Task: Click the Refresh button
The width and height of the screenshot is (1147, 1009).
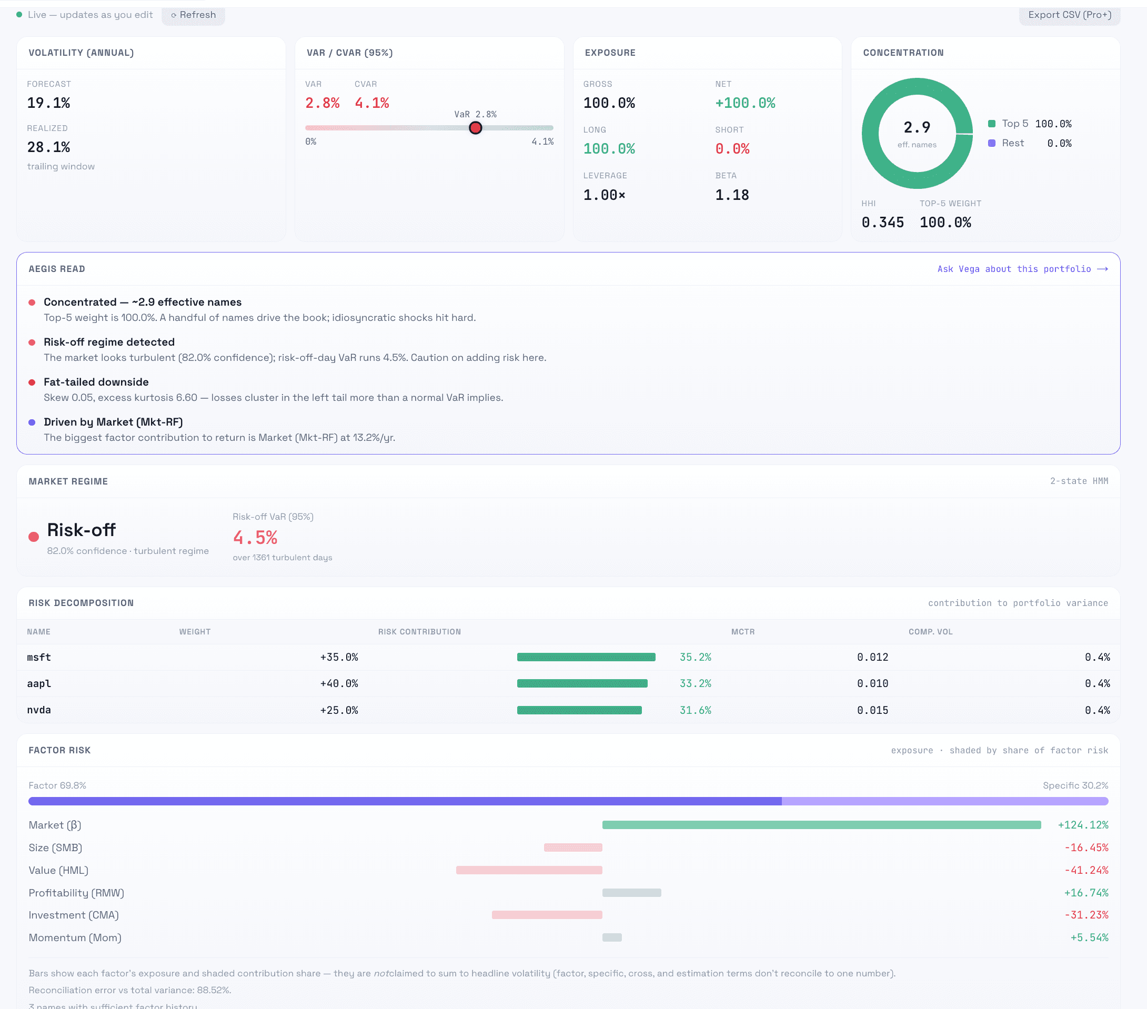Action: click(x=194, y=15)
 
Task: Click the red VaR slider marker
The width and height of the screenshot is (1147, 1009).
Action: click(x=475, y=128)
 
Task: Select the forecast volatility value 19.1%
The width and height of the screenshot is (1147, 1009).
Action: click(x=49, y=103)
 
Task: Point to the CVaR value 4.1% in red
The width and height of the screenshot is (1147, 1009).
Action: click(x=372, y=103)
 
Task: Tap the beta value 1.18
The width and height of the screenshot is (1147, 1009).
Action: click(x=732, y=195)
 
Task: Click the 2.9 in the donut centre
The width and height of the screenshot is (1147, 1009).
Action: click(x=917, y=127)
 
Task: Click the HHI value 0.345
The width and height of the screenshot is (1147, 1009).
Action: click(x=883, y=222)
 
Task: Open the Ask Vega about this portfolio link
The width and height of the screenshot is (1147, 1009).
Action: click(x=1022, y=269)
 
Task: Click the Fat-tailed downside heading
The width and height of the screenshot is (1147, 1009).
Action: click(x=96, y=381)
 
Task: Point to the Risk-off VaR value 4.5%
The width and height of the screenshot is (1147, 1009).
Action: click(x=255, y=538)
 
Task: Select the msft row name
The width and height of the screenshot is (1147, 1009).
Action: click(x=39, y=657)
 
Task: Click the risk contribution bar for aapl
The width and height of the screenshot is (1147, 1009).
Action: click(x=582, y=683)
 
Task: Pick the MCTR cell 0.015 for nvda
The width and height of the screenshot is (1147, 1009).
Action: click(x=872, y=710)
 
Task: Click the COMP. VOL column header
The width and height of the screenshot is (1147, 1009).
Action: click(x=930, y=632)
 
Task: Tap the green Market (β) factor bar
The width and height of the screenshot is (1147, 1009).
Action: click(x=821, y=825)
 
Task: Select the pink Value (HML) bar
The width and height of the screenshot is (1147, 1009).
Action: click(x=529, y=870)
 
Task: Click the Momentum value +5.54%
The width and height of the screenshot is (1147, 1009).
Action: click(x=1089, y=937)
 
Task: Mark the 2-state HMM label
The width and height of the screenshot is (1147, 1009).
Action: click(x=1079, y=481)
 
